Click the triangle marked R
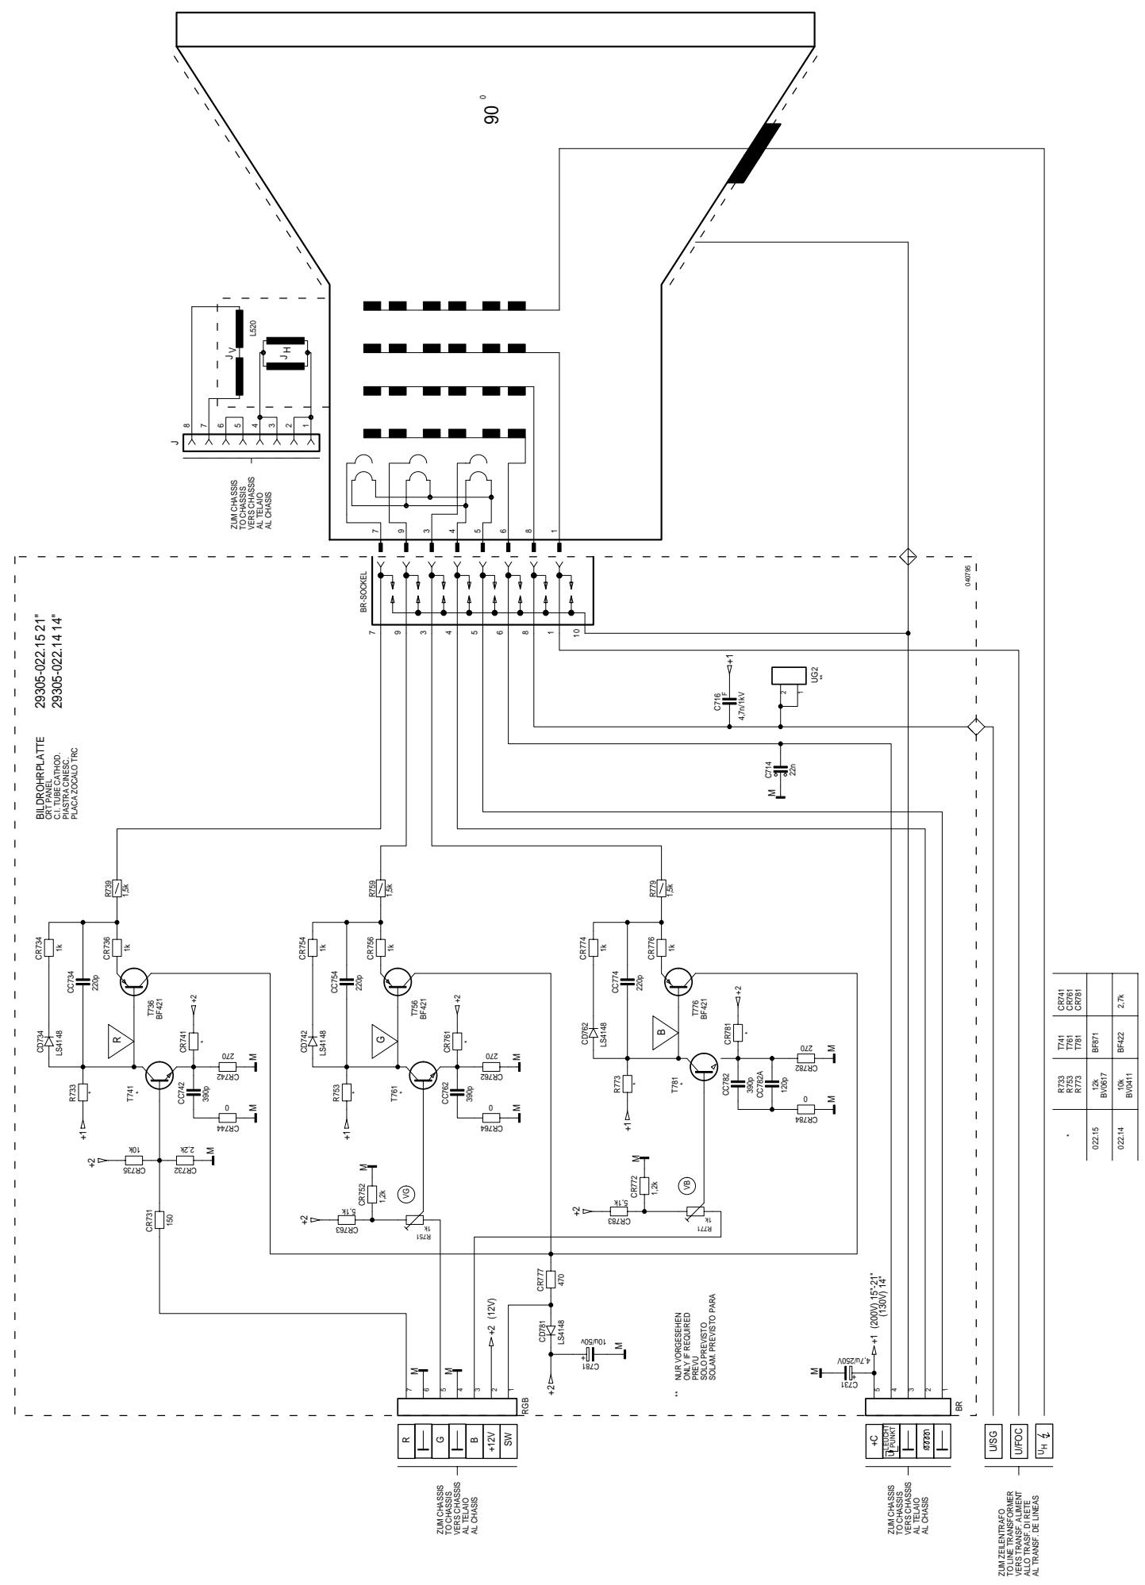pos(121,1038)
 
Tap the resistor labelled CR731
pos(160,1218)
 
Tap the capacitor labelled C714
pos(780,769)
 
